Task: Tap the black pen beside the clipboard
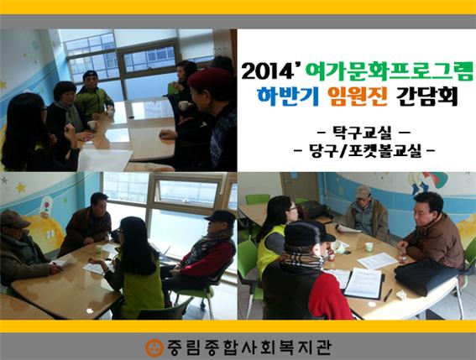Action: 387,295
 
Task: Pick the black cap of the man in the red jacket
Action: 221,217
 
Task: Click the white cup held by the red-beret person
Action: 183,107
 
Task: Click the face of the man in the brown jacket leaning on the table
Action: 429,205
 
